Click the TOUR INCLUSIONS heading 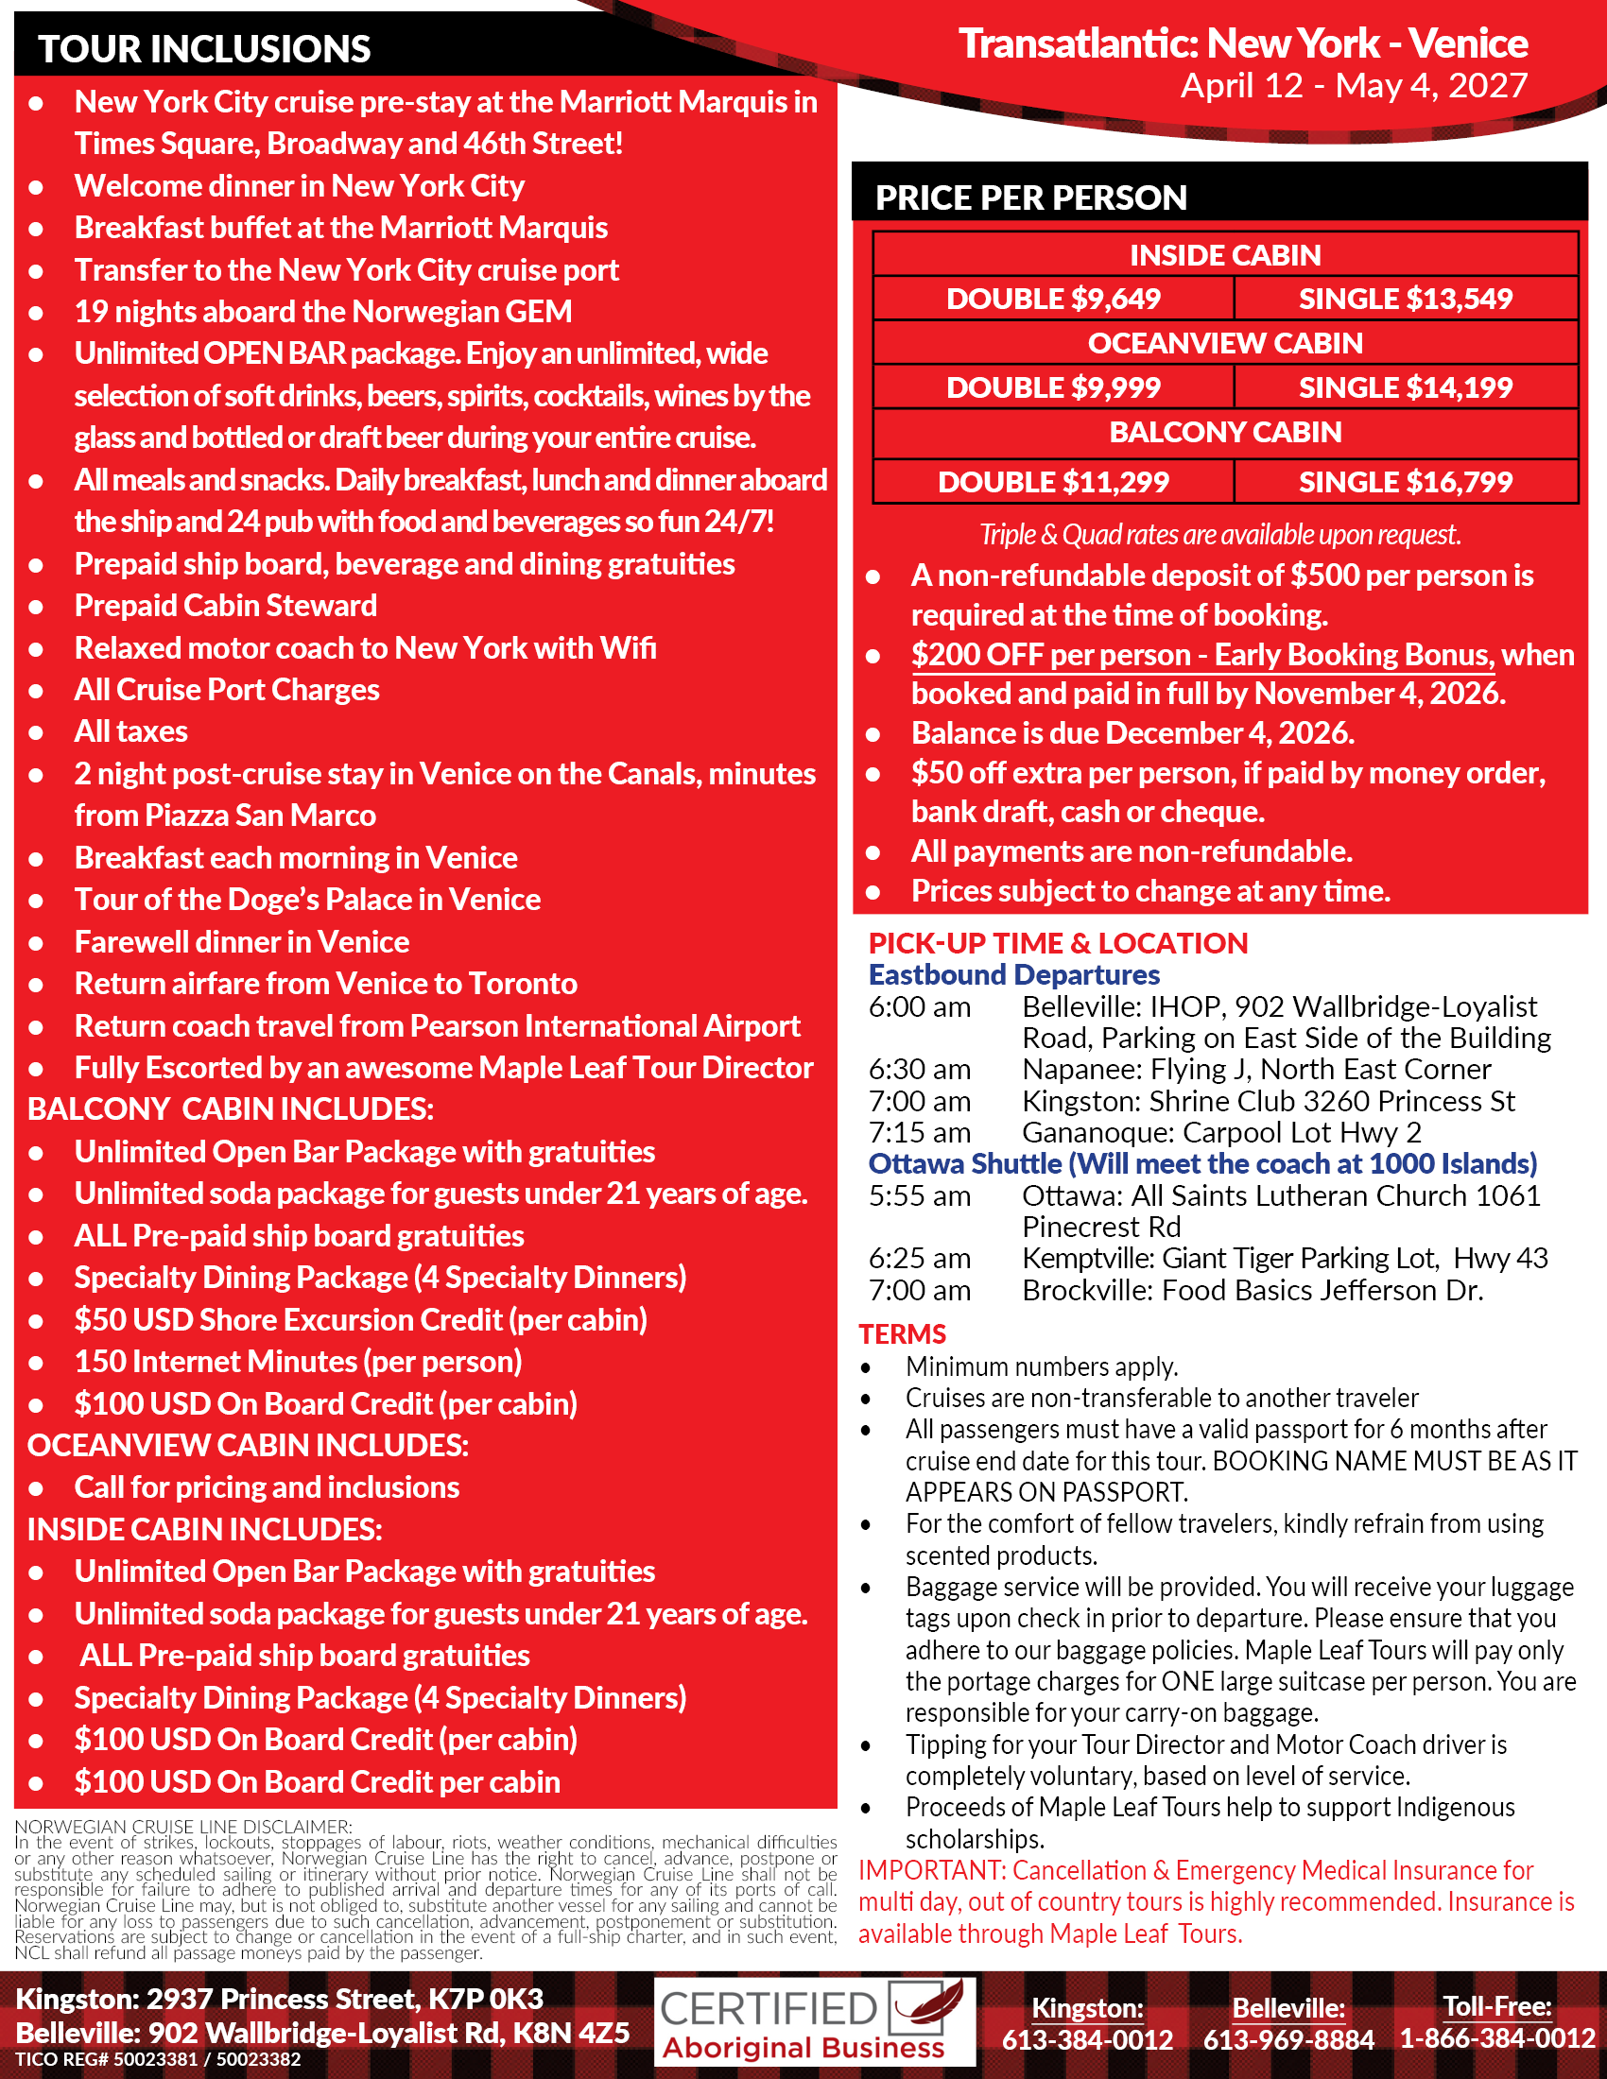(204, 48)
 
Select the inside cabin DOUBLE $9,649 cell (1053, 299)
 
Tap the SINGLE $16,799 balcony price (1405, 482)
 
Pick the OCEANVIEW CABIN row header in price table (1225, 343)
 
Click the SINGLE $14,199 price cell (1405, 387)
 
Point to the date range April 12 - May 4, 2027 (1354, 86)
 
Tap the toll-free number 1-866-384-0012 (1496, 2038)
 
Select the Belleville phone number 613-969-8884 (1288, 2039)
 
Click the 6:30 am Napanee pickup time (919, 1069)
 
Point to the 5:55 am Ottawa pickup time (919, 1195)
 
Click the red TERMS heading (902, 1333)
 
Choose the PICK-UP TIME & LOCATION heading (1058, 942)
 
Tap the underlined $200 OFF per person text (1051, 655)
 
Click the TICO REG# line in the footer (158, 2060)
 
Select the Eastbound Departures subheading (1014, 975)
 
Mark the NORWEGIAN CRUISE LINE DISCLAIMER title (182, 1827)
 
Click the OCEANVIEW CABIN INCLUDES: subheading (248, 1445)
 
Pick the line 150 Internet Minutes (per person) (298, 1361)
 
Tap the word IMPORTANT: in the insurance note (930, 1870)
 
